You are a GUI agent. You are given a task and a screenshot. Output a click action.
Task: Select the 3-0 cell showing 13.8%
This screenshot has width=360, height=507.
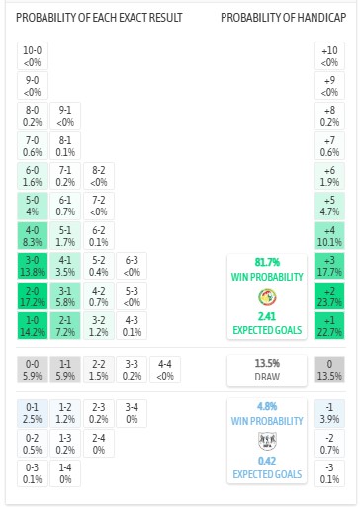(33, 266)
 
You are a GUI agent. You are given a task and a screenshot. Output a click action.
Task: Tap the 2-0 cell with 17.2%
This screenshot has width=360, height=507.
(33, 296)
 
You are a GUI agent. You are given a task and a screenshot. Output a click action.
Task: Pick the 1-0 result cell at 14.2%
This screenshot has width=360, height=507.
(33, 325)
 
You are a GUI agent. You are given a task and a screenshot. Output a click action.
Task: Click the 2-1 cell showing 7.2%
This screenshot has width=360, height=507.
(65, 325)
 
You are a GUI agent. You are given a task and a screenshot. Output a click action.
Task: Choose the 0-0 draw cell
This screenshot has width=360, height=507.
(33, 370)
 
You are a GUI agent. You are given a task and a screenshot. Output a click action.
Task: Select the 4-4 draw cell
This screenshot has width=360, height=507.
(163, 370)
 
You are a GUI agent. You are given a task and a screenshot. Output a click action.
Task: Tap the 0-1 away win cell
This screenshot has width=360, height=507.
(33, 414)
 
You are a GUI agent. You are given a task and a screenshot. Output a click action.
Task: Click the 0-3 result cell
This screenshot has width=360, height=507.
(33, 473)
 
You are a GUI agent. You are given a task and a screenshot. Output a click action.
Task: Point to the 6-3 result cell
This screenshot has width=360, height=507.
(131, 266)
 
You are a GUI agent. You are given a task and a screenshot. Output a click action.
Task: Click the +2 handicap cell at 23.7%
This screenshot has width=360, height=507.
(329, 296)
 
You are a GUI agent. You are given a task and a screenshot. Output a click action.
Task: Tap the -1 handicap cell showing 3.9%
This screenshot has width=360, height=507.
(329, 414)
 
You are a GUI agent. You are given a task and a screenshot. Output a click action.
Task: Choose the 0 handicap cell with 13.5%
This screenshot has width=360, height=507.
(329, 370)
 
